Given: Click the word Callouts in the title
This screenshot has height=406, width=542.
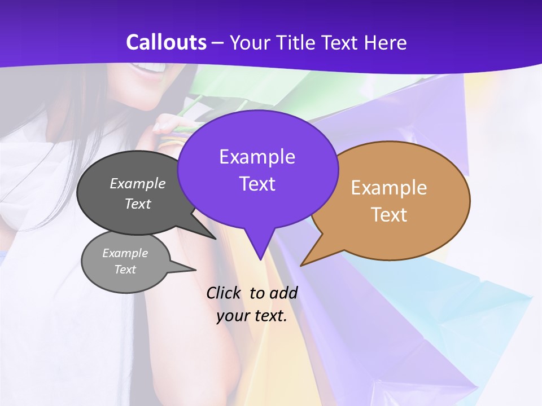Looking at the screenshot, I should tap(166, 42).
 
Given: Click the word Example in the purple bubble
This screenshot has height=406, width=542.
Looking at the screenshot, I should tap(257, 157).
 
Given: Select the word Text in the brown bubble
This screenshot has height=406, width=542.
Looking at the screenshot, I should tap(390, 215).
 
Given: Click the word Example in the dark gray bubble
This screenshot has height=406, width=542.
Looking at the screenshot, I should tap(138, 184).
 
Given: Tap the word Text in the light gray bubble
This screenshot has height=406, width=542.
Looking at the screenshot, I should tap(125, 270).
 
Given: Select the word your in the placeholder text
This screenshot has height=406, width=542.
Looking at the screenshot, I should tap(232, 316).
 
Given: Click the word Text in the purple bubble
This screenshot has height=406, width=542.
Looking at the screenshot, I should tap(257, 184).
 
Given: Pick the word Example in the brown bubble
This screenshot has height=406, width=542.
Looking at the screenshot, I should tap(389, 188).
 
